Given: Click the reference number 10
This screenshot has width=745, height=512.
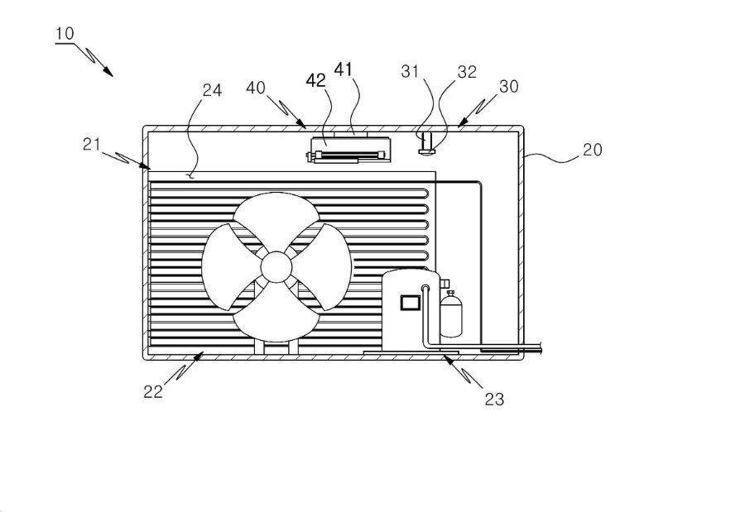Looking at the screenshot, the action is coord(65,34).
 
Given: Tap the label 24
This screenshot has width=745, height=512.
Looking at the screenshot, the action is coord(212,90).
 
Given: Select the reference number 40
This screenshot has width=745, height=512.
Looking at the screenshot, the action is coord(256,88).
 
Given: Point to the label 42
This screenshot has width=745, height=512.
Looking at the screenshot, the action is coord(316,81).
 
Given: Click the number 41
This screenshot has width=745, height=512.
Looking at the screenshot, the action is coord(344,69).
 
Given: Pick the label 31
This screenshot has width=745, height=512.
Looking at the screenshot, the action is coord(410,72).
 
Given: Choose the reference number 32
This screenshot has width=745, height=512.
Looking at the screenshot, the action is coord(467,72).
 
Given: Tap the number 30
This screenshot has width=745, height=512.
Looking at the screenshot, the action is coord(509,87).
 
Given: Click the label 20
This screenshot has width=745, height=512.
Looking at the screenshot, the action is coord(592,150).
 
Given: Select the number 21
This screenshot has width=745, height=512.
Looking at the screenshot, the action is coord(92,144).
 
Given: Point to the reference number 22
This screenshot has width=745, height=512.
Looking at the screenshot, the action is coord(153,392).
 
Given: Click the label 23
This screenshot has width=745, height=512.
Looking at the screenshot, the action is coord(494,400).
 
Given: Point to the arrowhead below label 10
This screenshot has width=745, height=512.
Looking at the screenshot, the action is coord(108,71).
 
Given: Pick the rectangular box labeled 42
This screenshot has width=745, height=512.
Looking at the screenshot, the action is coord(351,150).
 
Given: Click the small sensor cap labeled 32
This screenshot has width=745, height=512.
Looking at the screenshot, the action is coord(426,151).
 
